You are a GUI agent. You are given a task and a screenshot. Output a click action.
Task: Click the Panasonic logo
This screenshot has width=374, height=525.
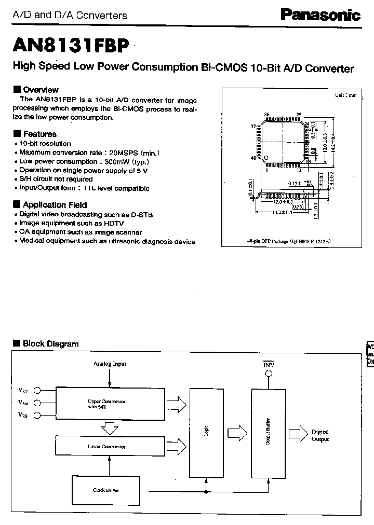[x=320, y=16]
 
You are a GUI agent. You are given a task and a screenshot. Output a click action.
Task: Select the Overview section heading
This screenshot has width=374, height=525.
[x=41, y=89]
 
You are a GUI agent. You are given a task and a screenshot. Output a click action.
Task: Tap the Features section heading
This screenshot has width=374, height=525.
[x=39, y=134]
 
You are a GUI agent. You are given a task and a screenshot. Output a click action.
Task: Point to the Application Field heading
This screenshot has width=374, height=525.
[x=55, y=205]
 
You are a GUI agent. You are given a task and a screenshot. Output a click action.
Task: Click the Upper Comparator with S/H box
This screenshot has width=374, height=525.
[x=108, y=403]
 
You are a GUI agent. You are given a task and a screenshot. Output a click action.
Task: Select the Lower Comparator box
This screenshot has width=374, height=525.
[x=108, y=446]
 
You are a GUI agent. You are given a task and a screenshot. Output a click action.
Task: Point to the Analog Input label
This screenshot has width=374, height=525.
[x=110, y=364]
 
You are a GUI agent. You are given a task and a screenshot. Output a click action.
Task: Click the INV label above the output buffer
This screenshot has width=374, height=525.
[x=269, y=365]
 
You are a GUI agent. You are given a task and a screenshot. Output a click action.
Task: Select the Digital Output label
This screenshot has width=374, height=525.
[x=320, y=436]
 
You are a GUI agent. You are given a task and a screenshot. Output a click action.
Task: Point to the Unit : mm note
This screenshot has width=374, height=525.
[x=345, y=95]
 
